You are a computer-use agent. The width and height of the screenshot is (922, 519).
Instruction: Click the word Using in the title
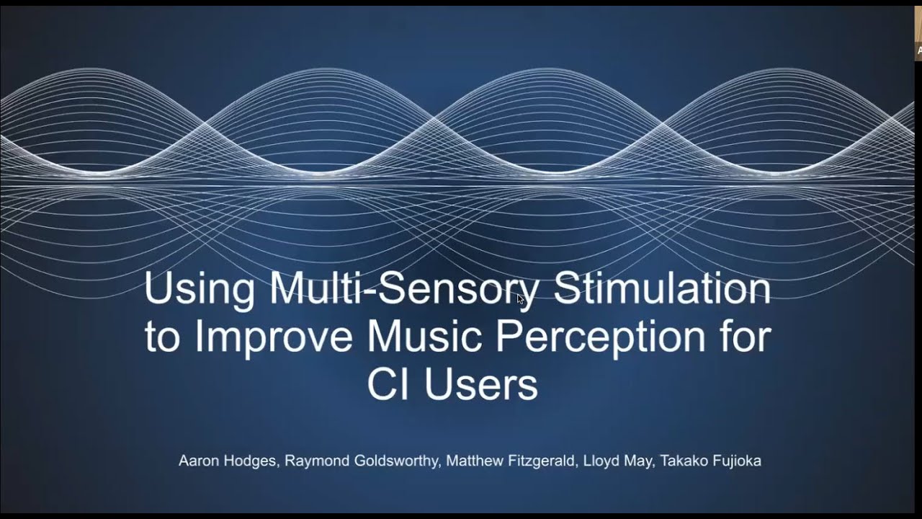point(200,289)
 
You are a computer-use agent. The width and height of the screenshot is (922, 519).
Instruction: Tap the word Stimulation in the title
point(662,289)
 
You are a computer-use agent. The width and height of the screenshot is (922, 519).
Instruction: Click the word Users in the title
point(481,385)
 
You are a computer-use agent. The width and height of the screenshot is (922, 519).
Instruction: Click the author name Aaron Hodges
point(228,461)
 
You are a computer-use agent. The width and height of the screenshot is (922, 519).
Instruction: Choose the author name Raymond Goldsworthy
point(362,461)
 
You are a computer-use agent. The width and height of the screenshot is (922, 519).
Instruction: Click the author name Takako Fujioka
point(710,461)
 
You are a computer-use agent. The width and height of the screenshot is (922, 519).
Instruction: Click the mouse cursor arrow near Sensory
point(520,298)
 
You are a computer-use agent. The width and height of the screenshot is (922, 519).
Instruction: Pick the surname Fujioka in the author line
point(735,461)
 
